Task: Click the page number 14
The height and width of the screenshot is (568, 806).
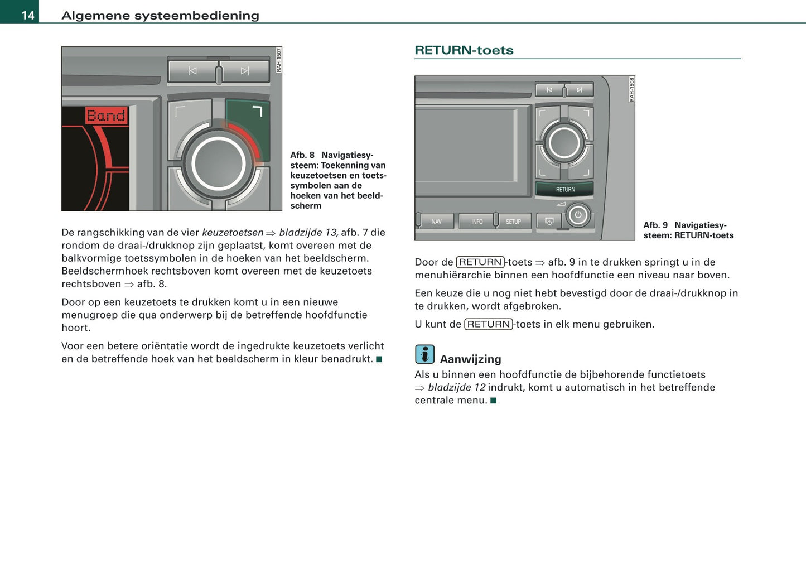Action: point(28,15)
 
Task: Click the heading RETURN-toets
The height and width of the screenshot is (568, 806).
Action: point(464,50)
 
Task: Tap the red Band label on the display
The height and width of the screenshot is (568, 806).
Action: point(106,115)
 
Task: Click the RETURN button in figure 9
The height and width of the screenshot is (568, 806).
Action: point(564,190)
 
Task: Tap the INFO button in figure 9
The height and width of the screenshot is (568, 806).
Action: point(477,222)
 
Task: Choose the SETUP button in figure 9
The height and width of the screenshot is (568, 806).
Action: point(513,222)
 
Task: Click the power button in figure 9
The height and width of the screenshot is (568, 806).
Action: point(578,215)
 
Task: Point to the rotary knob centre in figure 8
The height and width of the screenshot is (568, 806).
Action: point(218,164)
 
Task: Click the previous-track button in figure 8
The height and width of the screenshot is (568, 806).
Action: point(192,71)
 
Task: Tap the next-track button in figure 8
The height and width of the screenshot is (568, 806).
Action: point(245,71)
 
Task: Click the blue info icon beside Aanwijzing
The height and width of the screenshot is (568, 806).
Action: point(424,354)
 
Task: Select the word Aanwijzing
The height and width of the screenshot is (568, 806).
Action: point(470,359)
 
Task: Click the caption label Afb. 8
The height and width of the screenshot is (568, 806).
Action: point(302,155)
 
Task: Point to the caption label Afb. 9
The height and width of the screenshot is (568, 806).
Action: point(655,225)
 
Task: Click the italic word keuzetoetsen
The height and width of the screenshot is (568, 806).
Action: point(233,233)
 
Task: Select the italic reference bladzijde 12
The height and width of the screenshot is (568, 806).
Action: point(456,388)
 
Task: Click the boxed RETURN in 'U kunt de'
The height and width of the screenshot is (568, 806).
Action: point(489,324)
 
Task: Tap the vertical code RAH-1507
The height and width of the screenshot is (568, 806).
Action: point(279,60)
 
